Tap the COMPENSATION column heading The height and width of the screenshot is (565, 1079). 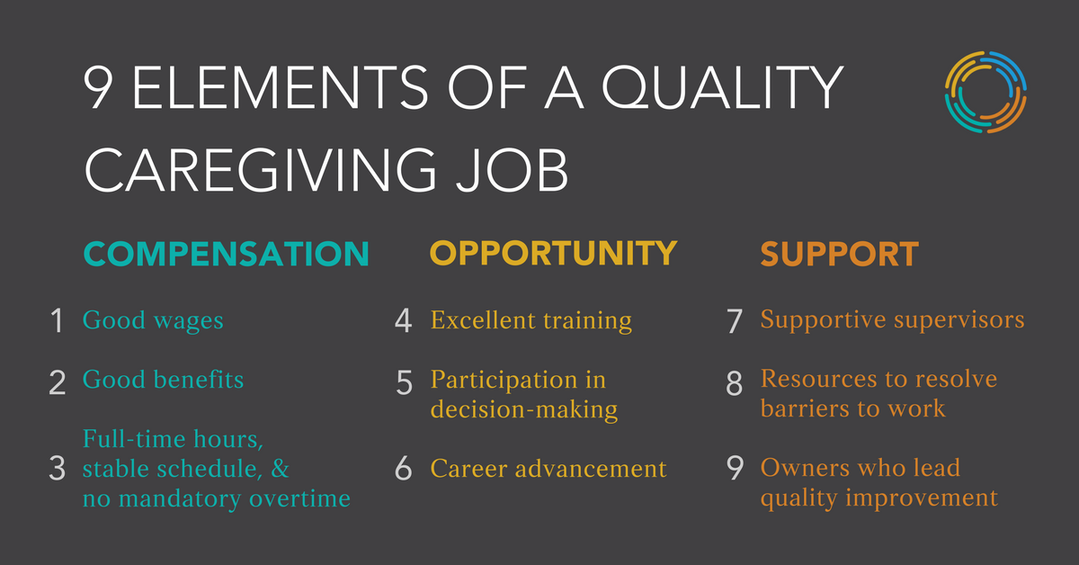[x=226, y=254]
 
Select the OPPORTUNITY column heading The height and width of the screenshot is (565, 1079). [x=554, y=253]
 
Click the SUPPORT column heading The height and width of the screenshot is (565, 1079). [x=840, y=254]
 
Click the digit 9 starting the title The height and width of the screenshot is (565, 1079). [x=99, y=87]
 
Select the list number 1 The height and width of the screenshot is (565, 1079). [x=57, y=320]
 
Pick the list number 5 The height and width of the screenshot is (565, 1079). [x=404, y=382]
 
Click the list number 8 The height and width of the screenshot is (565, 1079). [x=734, y=383]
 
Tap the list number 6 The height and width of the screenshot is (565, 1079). [x=404, y=468]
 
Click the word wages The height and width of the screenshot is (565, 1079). [x=188, y=321]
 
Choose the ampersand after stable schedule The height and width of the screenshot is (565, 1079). [x=280, y=468]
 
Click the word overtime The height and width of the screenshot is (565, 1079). [x=299, y=498]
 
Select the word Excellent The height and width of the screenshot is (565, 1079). [x=483, y=319]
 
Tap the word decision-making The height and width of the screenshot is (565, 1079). [x=524, y=409]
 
